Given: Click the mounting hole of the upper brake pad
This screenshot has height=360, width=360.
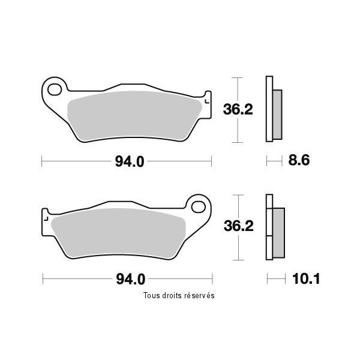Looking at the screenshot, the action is point(55,89).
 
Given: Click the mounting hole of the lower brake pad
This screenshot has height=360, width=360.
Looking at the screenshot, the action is point(198,207).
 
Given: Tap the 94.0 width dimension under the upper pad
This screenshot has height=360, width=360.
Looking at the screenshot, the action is point(130,161).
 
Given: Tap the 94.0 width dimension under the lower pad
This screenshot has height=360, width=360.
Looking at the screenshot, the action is point(131,279).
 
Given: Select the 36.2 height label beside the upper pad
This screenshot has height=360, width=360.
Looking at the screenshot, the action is point(238,110).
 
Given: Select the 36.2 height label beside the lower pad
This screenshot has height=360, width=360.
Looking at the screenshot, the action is point(239,226).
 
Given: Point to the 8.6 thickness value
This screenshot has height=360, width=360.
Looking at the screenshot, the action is point(299,160).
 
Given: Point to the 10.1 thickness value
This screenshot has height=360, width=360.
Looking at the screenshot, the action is point(306,279).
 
